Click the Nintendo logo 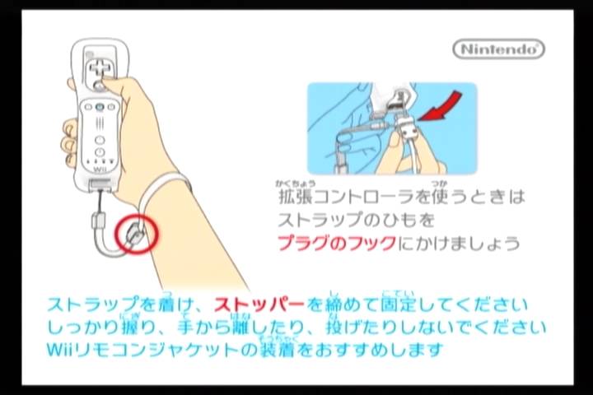coord(498,49)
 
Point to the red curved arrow coord(441,106)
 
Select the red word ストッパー coord(259,304)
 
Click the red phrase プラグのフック coord(337,243)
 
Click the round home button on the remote coord(100,140)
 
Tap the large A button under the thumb coord(99,86)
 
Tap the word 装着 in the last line coord(278,350)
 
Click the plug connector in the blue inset coord(406,128)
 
